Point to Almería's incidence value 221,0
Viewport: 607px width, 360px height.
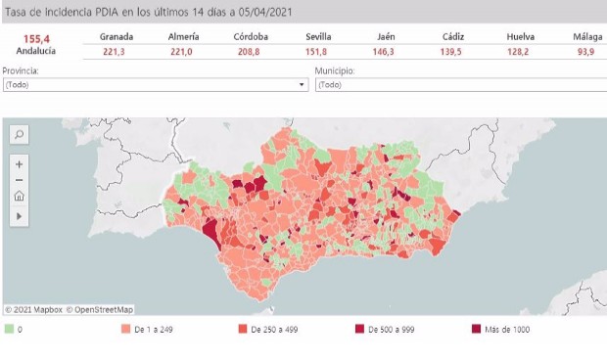183,52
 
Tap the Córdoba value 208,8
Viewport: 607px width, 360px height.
251,52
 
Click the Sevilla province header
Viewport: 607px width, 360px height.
318,36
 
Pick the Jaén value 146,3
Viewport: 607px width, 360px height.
386,52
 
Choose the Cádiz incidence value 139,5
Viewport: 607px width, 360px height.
452,52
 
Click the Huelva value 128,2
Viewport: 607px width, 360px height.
520,52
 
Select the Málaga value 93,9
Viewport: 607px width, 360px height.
585,52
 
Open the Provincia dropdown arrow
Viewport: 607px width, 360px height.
302,85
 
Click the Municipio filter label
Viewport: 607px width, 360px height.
335,71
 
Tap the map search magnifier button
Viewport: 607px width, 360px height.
19,134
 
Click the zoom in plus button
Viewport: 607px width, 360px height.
19,163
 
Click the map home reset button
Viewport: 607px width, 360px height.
19,197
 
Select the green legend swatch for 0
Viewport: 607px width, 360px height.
9,330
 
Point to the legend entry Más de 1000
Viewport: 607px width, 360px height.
506,330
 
